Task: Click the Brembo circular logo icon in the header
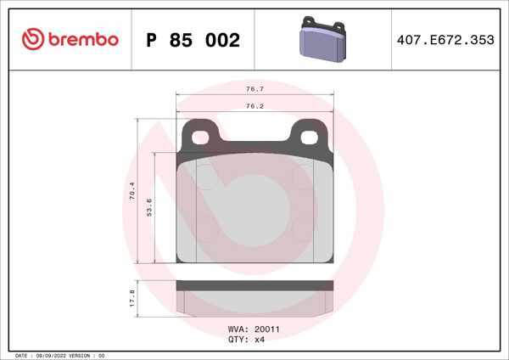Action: [x=31, y=39]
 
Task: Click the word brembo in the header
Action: [x=83, y=39]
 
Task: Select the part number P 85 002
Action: [x=193, y=40]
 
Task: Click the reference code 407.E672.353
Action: [x=445, y=40]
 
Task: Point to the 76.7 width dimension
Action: [x=253, y=87]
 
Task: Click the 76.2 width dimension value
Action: [x=253, y=107]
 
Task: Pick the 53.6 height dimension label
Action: [x=148, y=206]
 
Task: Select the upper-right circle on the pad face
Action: [x=302, y=177]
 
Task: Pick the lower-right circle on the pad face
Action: [x=302, y=228]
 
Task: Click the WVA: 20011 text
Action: [x=248, y=329]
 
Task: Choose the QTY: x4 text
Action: [x=248, y=339]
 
